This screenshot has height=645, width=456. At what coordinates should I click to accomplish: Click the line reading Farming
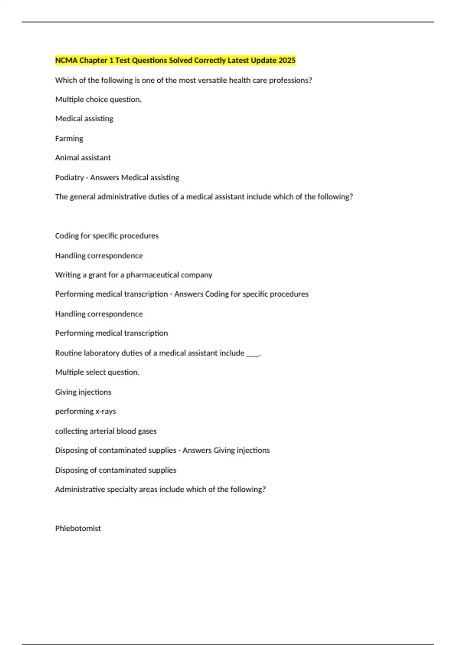tap(69, 138)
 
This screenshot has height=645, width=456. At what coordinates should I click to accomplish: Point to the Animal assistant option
tap(83, 157)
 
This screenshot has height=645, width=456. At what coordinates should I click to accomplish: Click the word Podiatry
tap(70, 178)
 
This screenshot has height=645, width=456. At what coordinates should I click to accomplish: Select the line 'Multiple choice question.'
tap(98, 99)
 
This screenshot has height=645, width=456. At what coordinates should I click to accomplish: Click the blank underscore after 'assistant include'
tap(253, 354)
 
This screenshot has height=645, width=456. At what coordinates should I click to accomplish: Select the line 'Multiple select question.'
tap(97, 372)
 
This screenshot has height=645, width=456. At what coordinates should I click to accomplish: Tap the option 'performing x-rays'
tap(85, 411)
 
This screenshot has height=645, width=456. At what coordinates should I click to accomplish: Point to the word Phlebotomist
tap(78, 528)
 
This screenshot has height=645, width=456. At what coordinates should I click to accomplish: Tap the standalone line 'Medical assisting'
tap(84, 119)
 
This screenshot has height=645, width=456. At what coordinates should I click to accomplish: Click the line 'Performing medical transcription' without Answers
tap(111, 333)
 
